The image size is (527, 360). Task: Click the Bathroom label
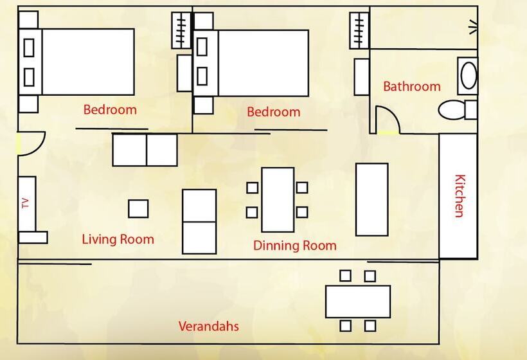click(412, 86)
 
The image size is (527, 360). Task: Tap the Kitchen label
click(460, 196)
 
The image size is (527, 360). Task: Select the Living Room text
click(118, 239)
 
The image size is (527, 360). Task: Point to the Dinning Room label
click(295, 246)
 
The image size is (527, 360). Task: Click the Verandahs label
click(208, 326)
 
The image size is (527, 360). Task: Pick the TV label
click(26, 203)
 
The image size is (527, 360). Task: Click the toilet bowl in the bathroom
click(451, 110)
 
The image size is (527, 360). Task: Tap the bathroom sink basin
click(469, 75)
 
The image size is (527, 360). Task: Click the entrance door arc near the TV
click(39, 147)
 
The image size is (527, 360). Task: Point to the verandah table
click(358, 301)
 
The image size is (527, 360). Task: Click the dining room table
click(278, 200)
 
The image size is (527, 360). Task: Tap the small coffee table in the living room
click(138, 209)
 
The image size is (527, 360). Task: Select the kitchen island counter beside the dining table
click(372, 199)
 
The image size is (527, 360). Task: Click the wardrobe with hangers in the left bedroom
click(181, 30)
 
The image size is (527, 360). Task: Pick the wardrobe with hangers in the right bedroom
click(360, 30)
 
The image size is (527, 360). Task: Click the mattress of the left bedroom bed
click(88, 62)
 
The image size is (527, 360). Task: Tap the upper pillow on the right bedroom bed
click(202, 47)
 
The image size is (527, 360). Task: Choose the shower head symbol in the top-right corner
click(473, 27)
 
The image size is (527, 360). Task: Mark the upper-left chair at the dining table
click(252, 188)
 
